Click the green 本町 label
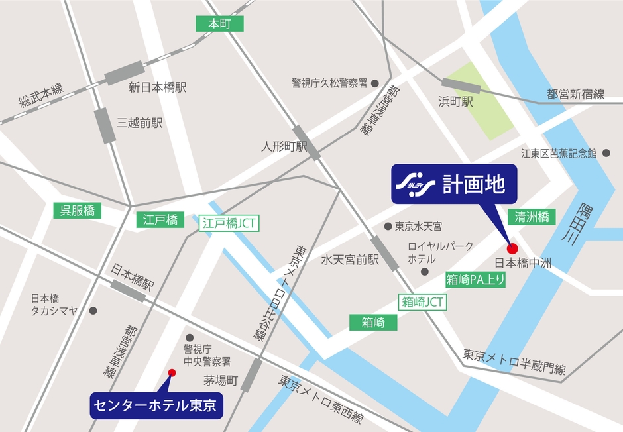219,24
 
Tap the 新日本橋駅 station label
158,87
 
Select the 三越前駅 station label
140,123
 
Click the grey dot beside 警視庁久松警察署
374,83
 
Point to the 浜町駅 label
455,102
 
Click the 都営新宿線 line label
575,95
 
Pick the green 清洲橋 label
532,217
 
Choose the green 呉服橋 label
78,211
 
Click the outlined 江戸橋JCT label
229,223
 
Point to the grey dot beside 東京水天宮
388,226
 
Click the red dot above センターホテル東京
172,372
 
